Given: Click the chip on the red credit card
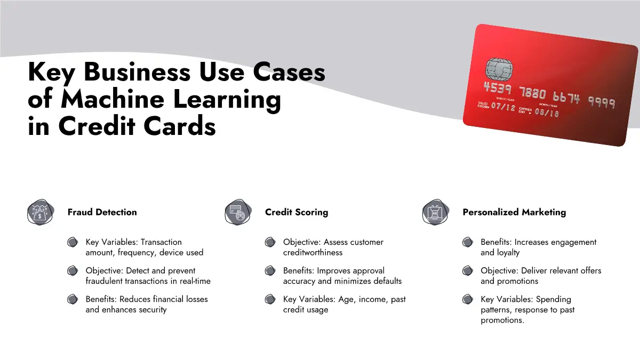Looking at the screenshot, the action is click(499, 69).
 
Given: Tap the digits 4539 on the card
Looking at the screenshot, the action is click(497, 88).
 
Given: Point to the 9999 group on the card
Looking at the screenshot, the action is click(602, 102).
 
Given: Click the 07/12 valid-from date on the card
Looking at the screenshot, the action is click(503, 107).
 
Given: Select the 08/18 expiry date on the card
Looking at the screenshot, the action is click(547, 113).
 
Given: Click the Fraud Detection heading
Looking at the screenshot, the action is click(102, 212).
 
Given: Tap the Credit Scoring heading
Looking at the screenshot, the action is click(297, 212).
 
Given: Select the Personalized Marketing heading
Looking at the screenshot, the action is click(514, 212).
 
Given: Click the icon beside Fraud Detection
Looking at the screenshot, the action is click(41, 212).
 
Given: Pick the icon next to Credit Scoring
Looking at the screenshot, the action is click(238, 212).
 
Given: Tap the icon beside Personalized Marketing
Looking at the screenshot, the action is click(435, 212).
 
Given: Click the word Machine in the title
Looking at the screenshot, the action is click(113, 99).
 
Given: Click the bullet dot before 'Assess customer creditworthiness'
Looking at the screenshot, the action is click(270, 242).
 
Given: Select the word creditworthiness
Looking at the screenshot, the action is click(313, 253).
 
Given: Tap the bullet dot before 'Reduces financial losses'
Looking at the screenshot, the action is click(73, 299).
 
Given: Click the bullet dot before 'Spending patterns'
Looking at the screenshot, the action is click(467, 299).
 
